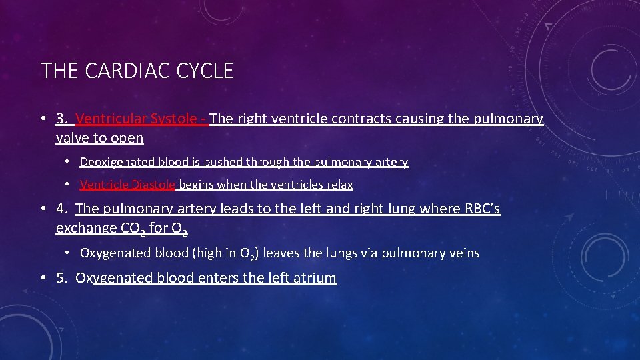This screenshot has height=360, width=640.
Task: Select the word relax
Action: [x=338, y=185]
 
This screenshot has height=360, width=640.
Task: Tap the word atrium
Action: [x=315, y=278]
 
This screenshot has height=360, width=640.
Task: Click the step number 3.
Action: [x=61, y=119]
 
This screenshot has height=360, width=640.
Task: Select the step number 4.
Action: [x=61, y=209]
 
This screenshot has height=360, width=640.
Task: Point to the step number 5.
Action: [x=61, y=278]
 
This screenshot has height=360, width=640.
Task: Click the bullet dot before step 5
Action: [x=43, y=278]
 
